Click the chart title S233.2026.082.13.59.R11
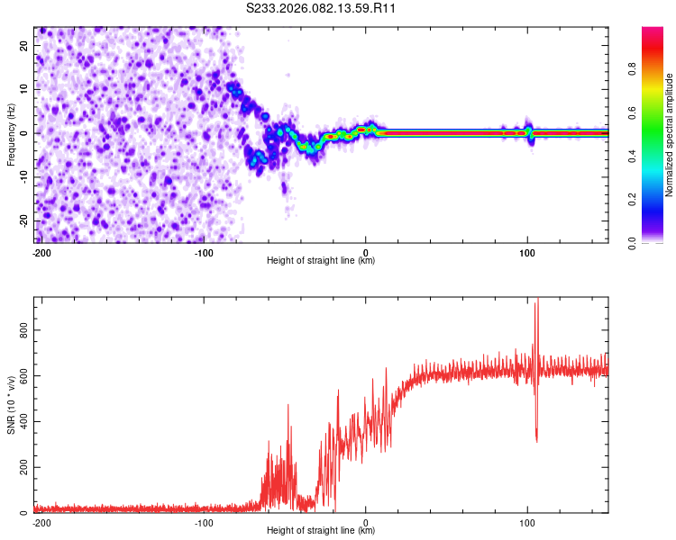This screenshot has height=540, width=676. coord(322,9)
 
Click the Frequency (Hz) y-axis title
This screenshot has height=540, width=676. coord(11,135)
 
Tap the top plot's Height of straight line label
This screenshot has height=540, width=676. coord(321,261)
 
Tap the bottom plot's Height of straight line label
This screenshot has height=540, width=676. coord(321,531)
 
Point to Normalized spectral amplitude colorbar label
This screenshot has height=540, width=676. coord(670,135)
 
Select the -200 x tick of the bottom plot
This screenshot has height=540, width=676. coord(41,522)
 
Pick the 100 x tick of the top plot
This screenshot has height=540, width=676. coord(528,252)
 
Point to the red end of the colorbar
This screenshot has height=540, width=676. coord(653,31)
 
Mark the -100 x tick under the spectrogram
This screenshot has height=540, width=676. coord(204,252)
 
